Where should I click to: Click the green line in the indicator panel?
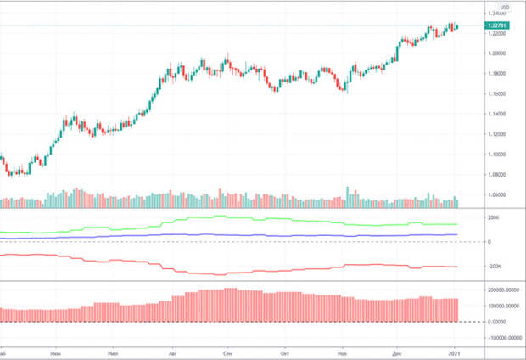(x=255, y=219)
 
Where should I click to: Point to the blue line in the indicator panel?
(x=255, y=235)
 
